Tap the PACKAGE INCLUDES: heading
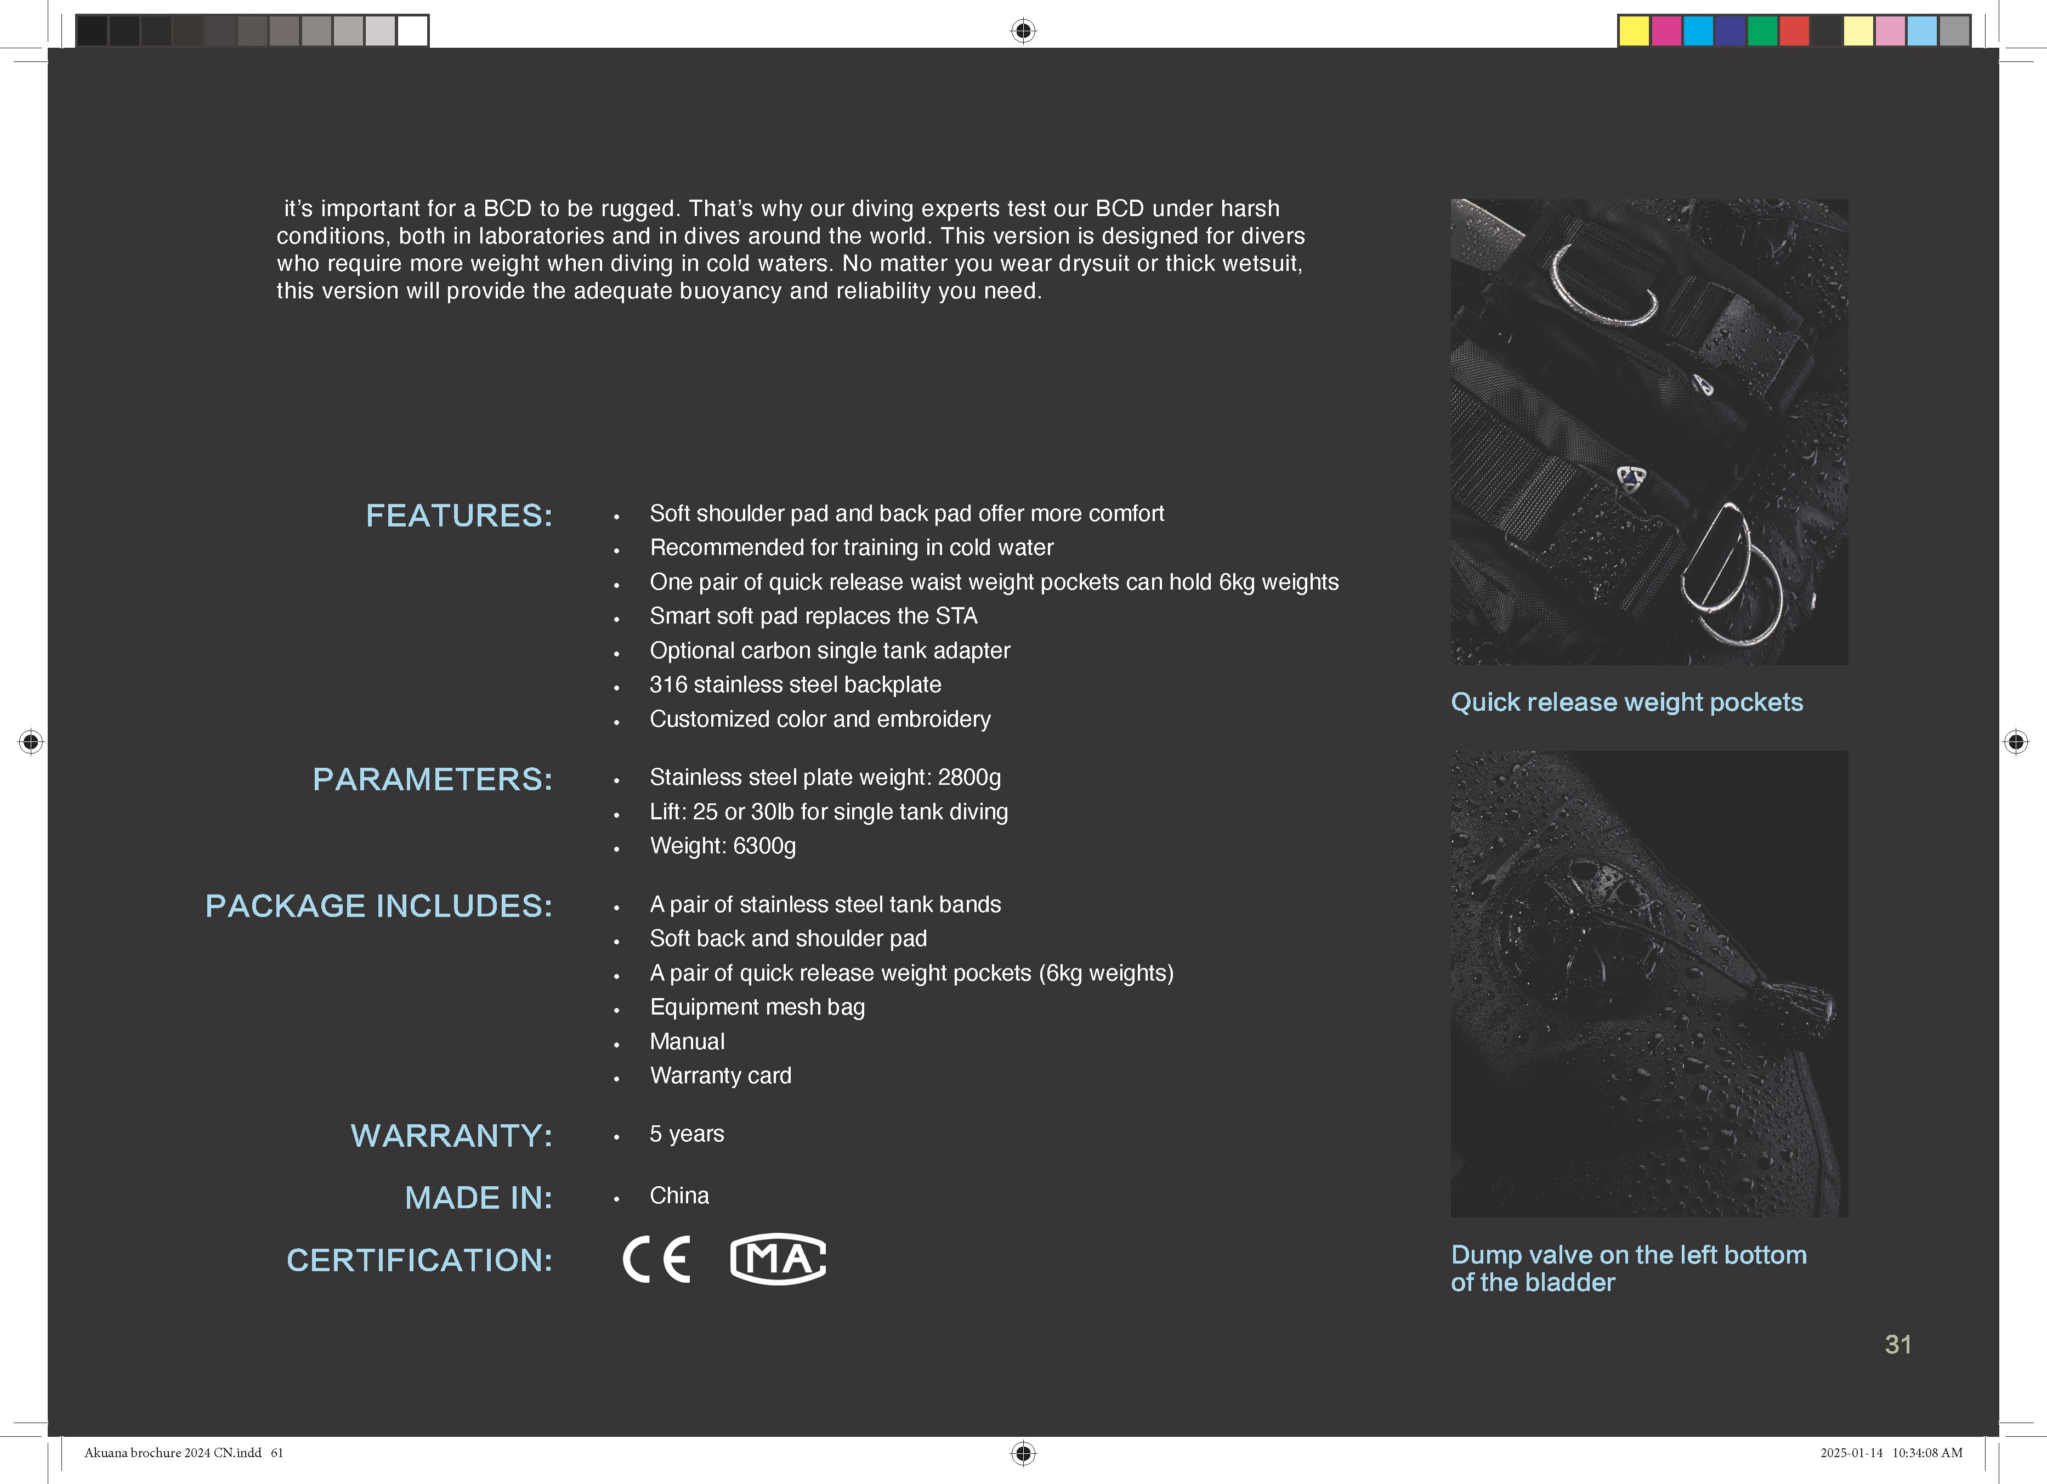coord(378,905)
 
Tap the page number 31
coord(1897,1344)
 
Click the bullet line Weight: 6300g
coord(722,846)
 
